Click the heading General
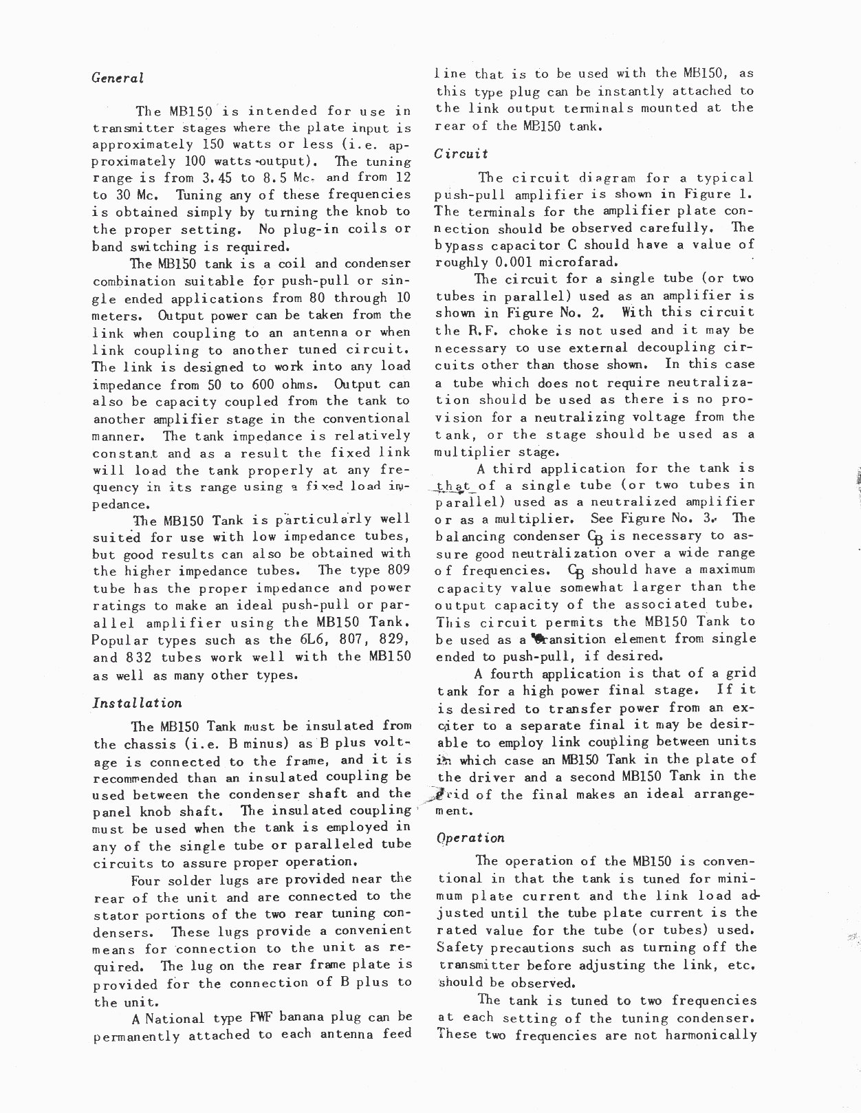[118, 78]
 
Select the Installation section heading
[138, 703]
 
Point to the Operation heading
[470, 838]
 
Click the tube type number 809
[394, 571]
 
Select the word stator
[113, 914]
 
